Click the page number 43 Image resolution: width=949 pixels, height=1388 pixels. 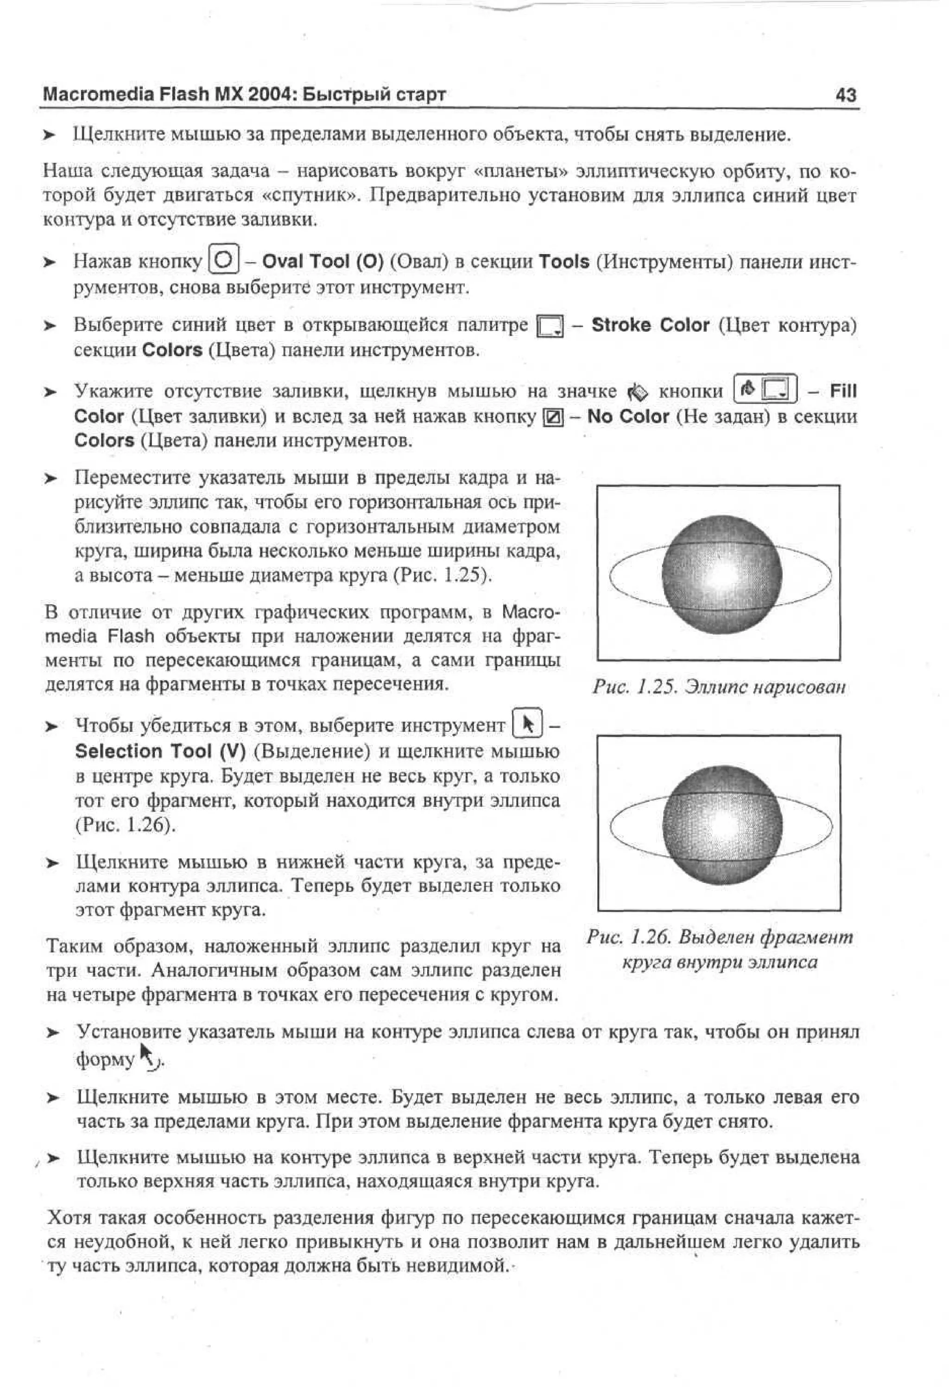[846, 95]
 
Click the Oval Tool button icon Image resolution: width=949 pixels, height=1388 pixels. [224, 260]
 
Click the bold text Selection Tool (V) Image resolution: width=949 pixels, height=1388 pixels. [160, 751]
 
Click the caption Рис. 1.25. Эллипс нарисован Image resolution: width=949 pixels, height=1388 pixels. [719, 687]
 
